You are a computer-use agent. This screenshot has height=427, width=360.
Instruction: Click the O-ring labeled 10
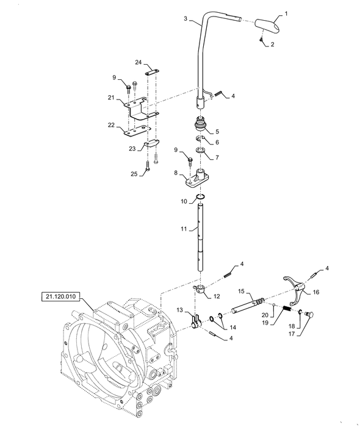point(201,197)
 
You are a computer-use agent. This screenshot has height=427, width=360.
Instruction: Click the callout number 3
point(185,18)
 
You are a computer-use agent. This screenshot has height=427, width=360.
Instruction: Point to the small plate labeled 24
point(152,72)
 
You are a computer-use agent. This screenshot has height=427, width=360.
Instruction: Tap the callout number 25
point(134,174)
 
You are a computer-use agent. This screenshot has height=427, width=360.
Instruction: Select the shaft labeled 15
point(247,305)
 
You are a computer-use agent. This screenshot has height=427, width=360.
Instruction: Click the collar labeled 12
point(200,289)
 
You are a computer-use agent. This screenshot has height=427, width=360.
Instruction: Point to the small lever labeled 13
point(196,321)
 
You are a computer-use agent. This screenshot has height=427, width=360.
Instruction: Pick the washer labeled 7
point(201,150)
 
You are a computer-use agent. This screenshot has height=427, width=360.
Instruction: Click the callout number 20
point(265,315)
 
